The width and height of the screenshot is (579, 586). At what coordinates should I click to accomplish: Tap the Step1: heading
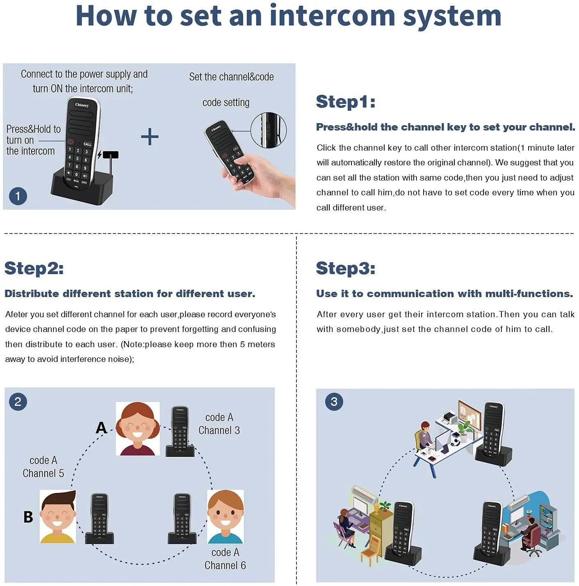[x=345, y=101]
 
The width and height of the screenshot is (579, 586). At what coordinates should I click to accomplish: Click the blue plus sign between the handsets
[x=150, y=137]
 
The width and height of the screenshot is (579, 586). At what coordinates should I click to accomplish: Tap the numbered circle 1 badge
[x=18, y=196]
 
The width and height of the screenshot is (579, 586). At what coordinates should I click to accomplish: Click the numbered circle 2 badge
[x=18, y=401]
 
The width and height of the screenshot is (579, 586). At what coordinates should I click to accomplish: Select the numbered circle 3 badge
[x=334, y=401]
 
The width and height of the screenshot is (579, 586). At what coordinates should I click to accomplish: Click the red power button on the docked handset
[x=71, y=141]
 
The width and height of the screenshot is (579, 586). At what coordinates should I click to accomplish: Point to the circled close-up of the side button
[x=268, y=130]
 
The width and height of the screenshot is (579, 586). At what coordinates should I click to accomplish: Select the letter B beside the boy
[x=28, y=517]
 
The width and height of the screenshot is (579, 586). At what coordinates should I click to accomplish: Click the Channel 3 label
[x=219, y=430]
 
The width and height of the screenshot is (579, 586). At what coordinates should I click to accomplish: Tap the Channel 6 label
[x=225, y=565]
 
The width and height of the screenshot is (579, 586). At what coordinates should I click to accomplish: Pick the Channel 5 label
[x=43, y=474]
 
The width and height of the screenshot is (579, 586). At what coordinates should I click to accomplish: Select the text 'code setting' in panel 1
[x=226, y=103]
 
